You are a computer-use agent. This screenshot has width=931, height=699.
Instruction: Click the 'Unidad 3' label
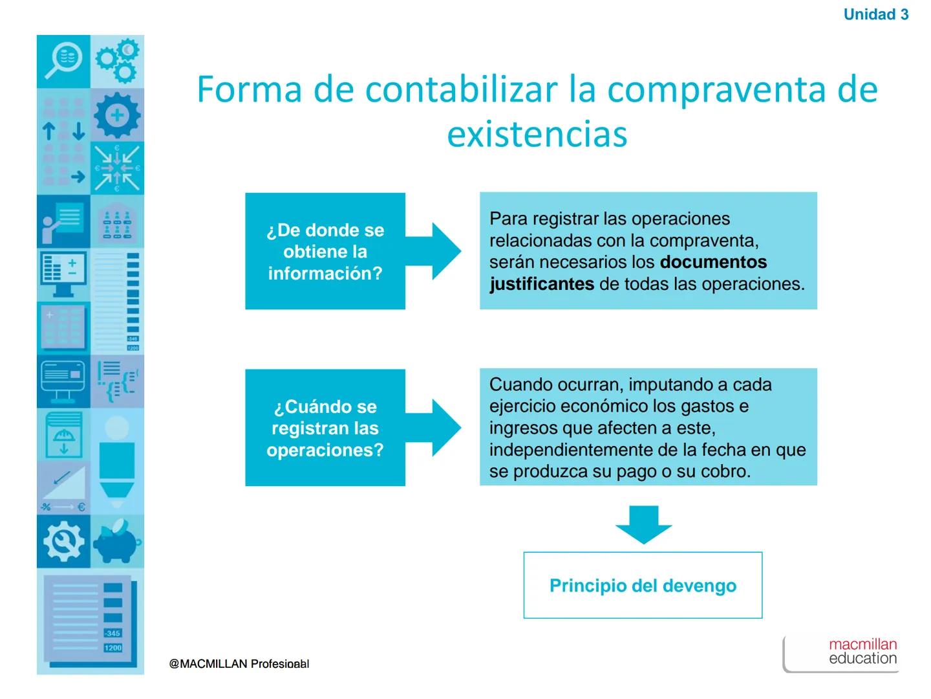click(x=875, y=14)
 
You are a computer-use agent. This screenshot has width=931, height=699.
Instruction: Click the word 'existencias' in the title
click(x=537, y=134)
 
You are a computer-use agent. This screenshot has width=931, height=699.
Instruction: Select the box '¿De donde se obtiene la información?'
click(x=325, y=251)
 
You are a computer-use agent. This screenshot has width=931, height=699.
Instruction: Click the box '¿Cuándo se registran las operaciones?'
click(x=325, y=428)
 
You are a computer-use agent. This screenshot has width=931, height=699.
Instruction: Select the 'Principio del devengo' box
click(x=643, y=585)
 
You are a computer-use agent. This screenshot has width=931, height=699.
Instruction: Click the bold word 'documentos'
click(x=713, y=262)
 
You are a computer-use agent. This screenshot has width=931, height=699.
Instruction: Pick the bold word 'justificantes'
click(x=542, y=284)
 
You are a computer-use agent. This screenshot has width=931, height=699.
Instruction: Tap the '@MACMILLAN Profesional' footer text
click(x=239, y=664)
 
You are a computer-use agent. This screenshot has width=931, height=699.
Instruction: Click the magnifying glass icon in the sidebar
click(x=63, y=61)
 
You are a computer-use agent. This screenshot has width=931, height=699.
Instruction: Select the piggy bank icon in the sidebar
click(x=117, y=542)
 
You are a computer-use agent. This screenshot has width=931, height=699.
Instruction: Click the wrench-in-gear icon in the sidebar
click(x=63, y=542)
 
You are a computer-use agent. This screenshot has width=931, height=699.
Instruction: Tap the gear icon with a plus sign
click(x=117, y=115)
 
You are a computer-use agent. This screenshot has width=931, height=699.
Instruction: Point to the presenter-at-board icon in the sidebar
click(x=63, y=221)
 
